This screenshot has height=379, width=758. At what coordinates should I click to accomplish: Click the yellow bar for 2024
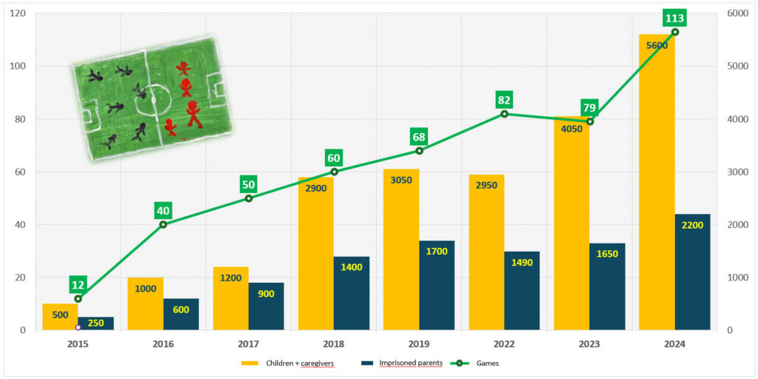[657, 185]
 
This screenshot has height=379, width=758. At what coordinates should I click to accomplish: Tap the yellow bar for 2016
[145, 303]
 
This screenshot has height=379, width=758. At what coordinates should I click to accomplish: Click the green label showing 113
[674, 19]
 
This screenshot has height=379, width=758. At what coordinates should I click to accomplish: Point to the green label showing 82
[504, 100]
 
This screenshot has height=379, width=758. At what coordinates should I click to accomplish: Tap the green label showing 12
[78, 284]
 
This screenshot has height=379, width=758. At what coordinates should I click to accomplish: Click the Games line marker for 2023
[589, 121]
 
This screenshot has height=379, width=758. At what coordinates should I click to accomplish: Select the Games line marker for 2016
[163, 224]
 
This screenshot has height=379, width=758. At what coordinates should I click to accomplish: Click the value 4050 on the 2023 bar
[571, 127]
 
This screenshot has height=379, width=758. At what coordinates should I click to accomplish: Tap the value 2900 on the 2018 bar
[316, 187]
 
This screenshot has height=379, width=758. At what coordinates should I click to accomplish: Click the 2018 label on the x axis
[333, 344]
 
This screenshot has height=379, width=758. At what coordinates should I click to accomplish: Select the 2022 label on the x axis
[504, 344]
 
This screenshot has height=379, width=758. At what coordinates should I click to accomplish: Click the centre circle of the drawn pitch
[154, 95]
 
